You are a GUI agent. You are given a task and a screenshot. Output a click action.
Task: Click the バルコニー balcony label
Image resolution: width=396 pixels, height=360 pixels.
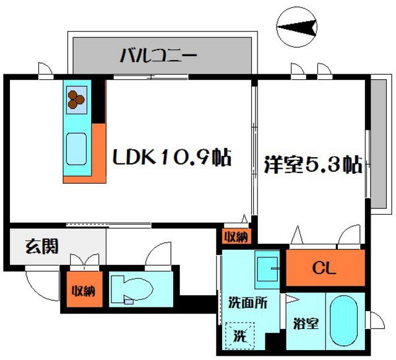[x=158, y=56]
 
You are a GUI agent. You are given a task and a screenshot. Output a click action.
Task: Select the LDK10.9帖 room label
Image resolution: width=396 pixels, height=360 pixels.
[x=171, y=158]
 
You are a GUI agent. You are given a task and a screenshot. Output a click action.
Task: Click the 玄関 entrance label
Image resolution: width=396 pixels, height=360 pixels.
[x=42, y=247]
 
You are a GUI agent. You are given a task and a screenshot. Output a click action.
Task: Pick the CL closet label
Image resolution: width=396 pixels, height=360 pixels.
[x=324, y=268]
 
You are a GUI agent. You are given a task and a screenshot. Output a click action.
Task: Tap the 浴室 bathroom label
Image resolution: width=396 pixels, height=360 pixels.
[x=306, y=324]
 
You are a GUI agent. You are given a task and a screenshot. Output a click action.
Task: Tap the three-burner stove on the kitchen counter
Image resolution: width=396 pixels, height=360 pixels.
[x=77, y=97]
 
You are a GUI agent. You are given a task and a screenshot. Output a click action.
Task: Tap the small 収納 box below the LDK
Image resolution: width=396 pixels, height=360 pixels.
[x=236, y=236]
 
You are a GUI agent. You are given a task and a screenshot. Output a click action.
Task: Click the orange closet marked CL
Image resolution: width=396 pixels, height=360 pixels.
[x=346, y=268]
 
